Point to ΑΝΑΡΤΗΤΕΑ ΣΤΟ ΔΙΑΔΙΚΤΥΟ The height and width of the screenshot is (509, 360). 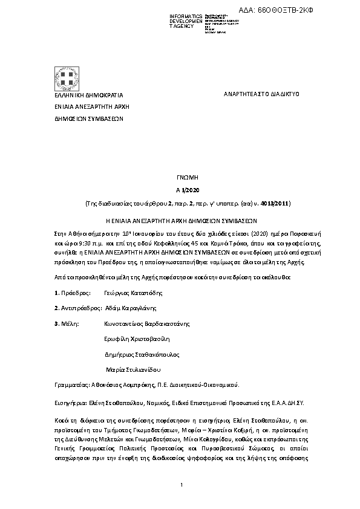(x=261, y=94)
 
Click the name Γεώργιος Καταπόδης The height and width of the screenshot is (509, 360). (x=133, y=293)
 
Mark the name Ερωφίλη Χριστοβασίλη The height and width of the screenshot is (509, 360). (x=137, y=339)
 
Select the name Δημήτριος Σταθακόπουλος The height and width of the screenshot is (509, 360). (x=142, y=354)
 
